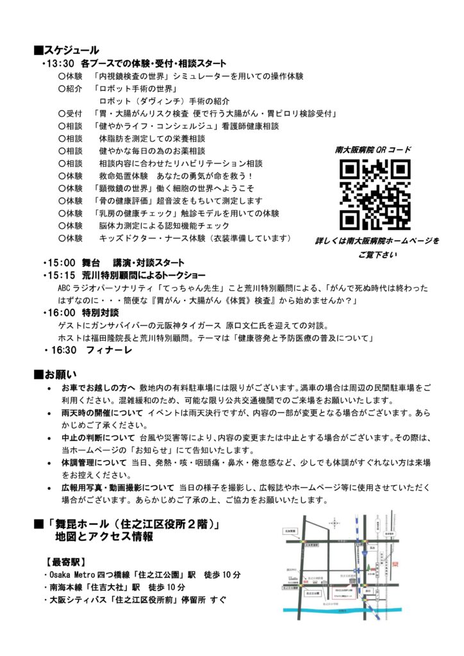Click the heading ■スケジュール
[x=67, y=50]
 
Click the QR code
[x=375, y=195]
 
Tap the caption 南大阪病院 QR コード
[x=373, y=150]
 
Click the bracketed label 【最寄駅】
[x=65, y=561]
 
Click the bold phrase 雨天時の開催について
[x=103, y=413]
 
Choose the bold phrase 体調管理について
[x=94, y=462]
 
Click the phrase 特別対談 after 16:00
[x=99, y=312]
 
